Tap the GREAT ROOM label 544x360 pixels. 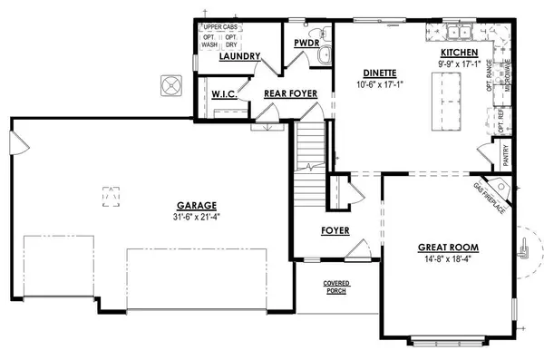pos(447,248)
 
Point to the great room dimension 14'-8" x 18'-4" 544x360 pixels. pos(447,259)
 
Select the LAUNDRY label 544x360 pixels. pos(240,56)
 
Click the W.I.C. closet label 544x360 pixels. pos(224,93)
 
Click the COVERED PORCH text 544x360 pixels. pos(337,287)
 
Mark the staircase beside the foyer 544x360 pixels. pos(309,147)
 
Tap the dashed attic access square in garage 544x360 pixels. pos(110,195)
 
